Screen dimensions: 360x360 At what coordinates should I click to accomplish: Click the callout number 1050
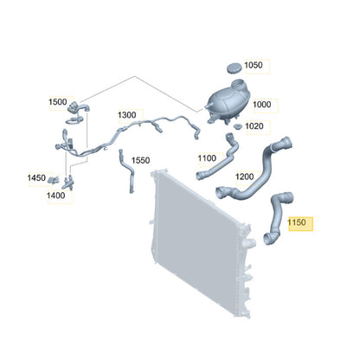click(x=254, y=65)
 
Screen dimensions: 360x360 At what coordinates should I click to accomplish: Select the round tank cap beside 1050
click(x=235, y=68)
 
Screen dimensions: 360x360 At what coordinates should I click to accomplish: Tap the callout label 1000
click(x=262, y=105)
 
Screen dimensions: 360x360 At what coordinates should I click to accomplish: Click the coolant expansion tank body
click(x=228, y=101)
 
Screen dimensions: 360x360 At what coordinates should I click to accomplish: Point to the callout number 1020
click(x=254, y=126)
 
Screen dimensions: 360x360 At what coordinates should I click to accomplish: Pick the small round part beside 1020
click(x=237, y=127)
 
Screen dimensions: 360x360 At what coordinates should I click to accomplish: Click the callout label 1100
click(x=207, y=158)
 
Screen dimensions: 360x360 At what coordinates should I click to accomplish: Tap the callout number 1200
click(x=245, y=177)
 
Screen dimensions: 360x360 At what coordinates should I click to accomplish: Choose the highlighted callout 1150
click(x=297, y=222)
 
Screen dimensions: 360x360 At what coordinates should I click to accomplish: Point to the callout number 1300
click(x=126, y=115)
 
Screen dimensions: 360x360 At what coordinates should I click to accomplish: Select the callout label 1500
click(x=58, y=102)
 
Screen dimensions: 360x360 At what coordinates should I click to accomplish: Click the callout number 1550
click(x=140, y=160)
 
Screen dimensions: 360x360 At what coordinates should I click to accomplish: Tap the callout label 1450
click(x=36, y=177)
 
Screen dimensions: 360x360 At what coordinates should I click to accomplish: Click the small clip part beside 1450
click(x=54, y=180)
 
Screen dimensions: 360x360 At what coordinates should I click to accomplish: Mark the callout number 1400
click(x=55, y=196)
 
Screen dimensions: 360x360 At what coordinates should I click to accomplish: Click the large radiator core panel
click(x=199, y=240)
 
